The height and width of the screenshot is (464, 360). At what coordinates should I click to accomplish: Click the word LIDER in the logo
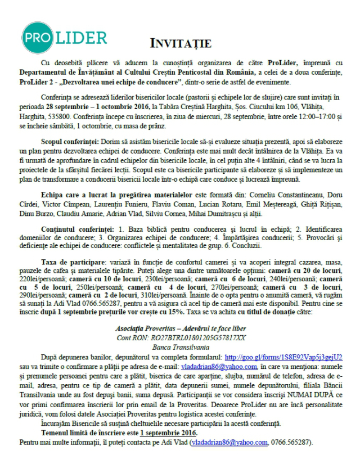coord(82,38)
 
